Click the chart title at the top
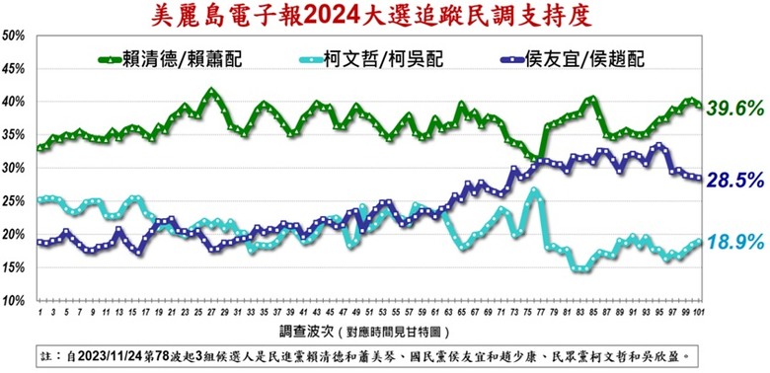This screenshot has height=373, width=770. coord(384,14)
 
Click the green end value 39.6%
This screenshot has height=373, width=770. coord(735,107)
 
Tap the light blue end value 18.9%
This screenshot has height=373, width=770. coord(735,242)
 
